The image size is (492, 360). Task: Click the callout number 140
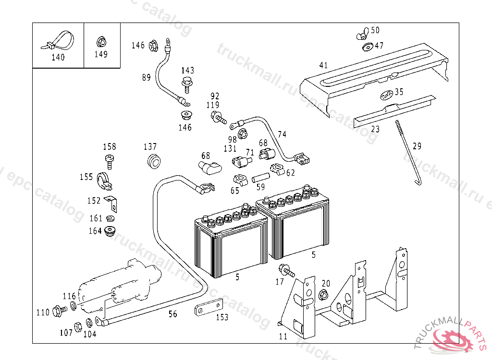58,57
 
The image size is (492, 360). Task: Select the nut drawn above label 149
101,41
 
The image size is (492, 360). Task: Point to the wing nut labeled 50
363,34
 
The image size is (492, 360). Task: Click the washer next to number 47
368,47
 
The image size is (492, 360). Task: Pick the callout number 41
323,65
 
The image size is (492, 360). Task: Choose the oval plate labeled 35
386,96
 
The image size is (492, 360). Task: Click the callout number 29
417,146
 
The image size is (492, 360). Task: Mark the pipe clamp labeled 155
102,179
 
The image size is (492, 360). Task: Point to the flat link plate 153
209,308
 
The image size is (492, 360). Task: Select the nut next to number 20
323,294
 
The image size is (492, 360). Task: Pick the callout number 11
283,336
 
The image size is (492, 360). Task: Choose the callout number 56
172,314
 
